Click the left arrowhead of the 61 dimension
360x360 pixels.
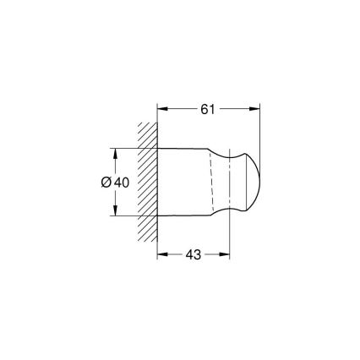pos(162,108)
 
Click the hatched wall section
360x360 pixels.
pos(148,182)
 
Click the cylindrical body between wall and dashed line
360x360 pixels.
pos(182,182)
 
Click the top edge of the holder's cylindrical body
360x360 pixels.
pos(182,150)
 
